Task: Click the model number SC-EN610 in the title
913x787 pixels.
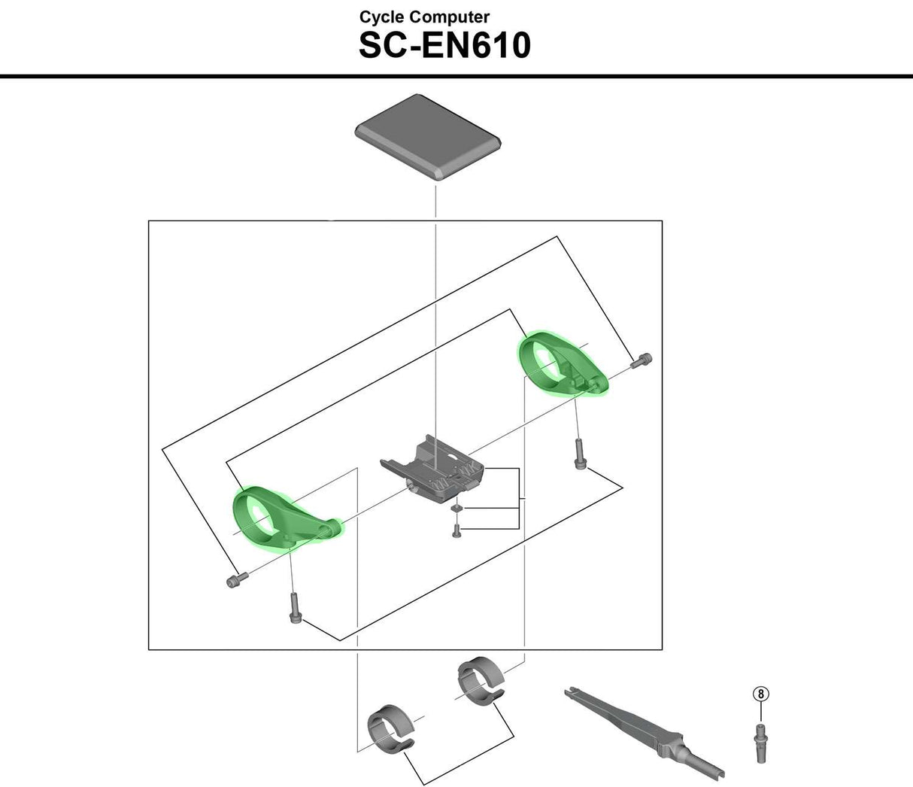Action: pos(444,45)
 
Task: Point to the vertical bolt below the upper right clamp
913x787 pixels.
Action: pos(579,454)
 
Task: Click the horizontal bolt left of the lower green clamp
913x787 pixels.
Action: pos(235,579)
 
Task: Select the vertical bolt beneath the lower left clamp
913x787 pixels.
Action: pos(295,607)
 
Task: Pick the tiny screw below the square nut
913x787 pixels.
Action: pos(456,531)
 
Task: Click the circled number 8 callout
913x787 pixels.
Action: pos(761,694)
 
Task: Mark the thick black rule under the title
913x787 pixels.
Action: pos(456,76)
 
